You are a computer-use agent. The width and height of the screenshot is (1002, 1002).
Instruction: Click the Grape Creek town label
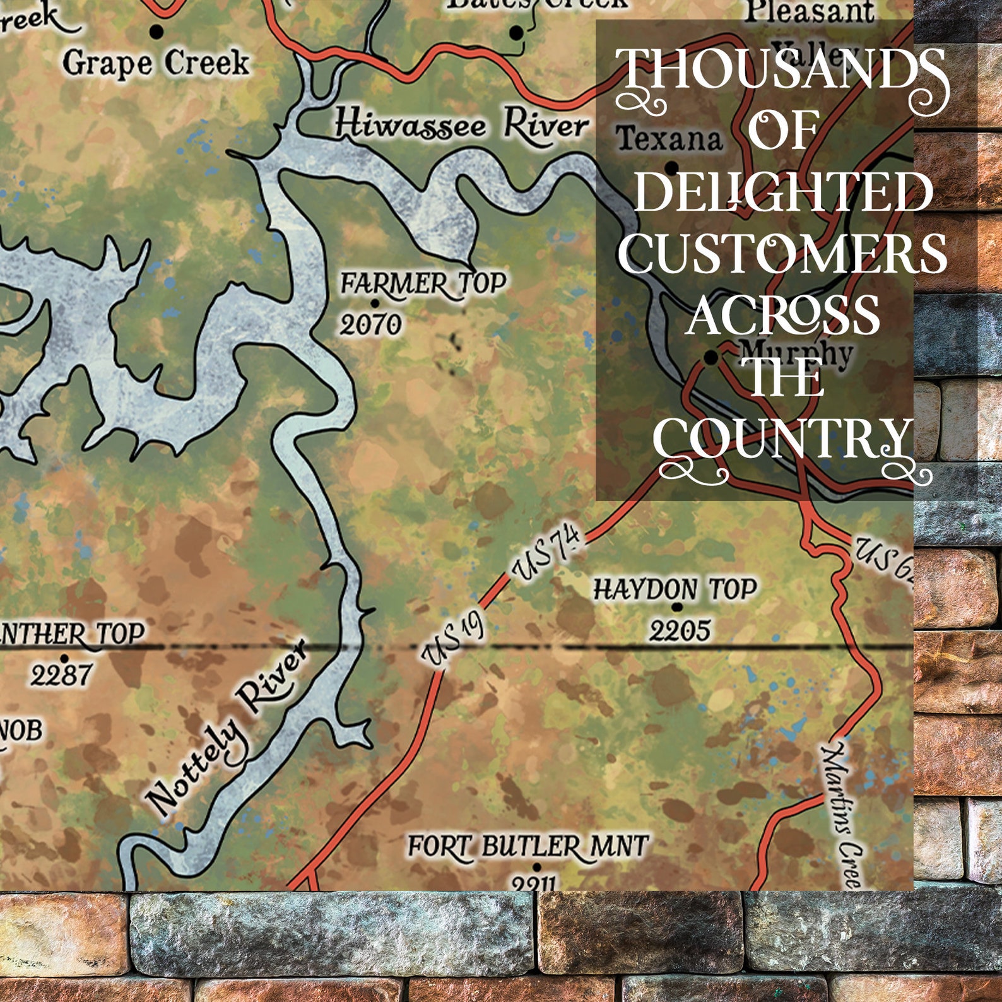156,63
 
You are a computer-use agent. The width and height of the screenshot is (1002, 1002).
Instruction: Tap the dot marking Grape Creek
157,31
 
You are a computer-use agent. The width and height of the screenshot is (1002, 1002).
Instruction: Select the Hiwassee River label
461,124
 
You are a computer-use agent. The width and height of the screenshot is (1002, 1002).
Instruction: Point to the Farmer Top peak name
423,283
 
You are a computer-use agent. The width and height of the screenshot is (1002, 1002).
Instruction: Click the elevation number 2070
371,325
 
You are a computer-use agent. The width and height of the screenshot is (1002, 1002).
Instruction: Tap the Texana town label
669,138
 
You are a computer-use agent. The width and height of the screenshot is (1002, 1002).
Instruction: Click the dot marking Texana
672,168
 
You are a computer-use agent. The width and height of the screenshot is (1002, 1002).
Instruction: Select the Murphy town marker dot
711,358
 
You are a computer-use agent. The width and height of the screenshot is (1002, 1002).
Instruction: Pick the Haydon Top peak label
675,589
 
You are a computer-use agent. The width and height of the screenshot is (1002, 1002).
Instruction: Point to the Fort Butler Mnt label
527,846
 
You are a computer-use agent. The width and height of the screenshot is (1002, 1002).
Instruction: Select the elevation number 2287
61,676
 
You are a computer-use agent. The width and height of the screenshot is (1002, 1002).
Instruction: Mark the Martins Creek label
843,814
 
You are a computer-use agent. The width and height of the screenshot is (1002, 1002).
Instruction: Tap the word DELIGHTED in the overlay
782,192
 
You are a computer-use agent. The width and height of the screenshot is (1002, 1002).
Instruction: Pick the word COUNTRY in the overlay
782,437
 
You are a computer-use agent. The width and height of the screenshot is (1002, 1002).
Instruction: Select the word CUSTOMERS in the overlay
782,254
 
